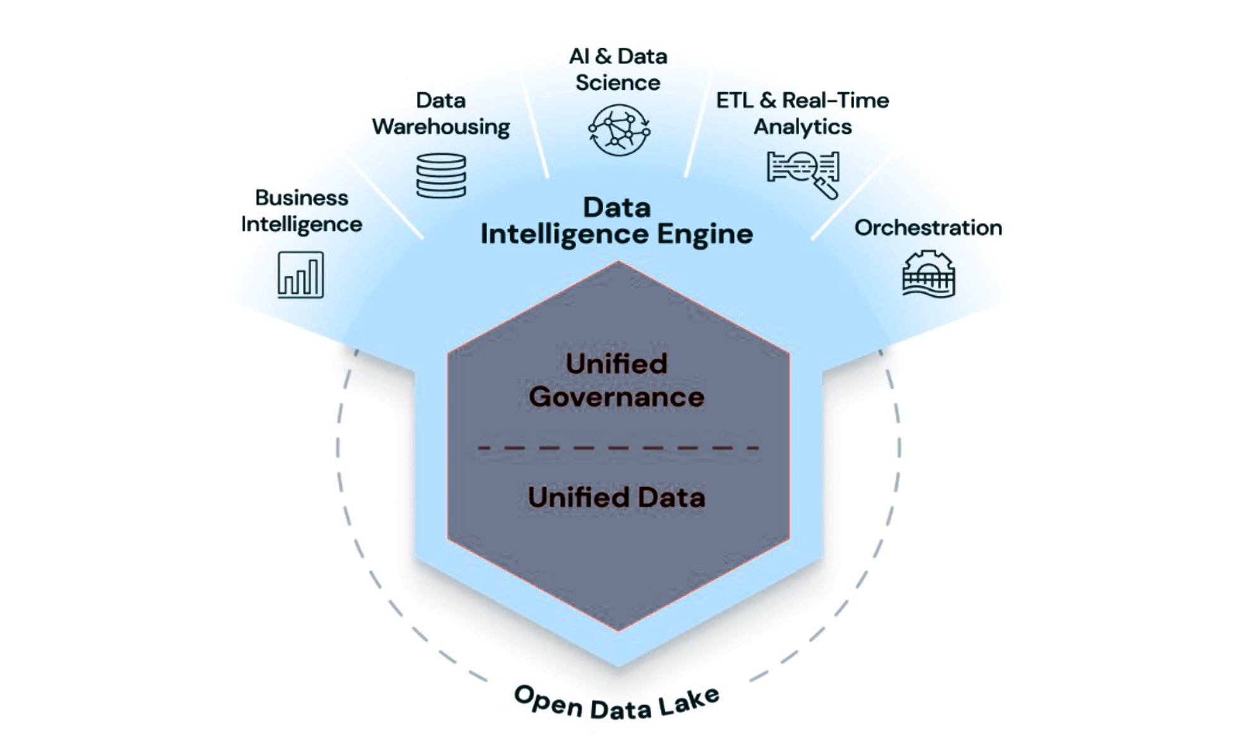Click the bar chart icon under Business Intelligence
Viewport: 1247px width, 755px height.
click(301, 275)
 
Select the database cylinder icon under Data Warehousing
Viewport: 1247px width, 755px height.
click(441, 176)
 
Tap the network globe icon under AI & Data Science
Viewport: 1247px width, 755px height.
click(618, 130)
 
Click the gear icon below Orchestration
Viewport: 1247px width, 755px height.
click(928, 274)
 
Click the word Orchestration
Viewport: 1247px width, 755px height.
click(928, 227)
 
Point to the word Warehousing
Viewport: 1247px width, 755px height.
click(441, 127)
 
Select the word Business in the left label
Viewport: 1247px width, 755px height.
click(301, 198)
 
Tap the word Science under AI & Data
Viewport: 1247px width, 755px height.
click(618, 83)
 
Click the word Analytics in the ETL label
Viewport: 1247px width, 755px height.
click(803, 127)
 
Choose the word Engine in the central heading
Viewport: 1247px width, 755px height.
click(705, 234)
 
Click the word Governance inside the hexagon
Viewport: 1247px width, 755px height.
click(617, 397)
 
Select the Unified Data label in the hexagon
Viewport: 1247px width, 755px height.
click(617, 498)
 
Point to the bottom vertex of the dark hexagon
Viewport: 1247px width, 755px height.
click(618, 630)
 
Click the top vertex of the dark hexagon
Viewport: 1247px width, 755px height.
click(618, 262)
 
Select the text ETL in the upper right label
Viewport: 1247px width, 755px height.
click(735, 100)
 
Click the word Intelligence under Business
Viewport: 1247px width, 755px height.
click(301, 225)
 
